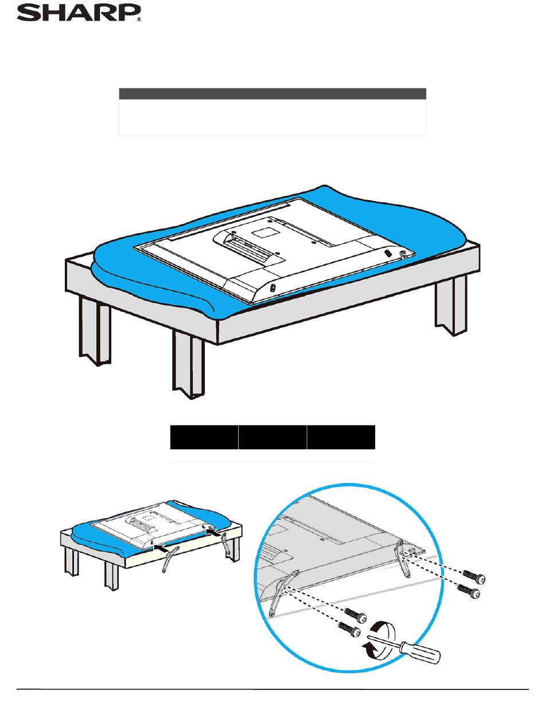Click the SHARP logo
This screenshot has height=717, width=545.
tap(79, 13)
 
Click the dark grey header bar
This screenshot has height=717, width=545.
tap(272, 93)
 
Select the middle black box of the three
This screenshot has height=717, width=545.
tap(272, 437)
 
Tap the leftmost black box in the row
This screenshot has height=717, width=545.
tap(204, 437)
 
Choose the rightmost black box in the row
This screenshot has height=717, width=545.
tap(341, 437)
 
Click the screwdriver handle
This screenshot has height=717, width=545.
tap(421, 652)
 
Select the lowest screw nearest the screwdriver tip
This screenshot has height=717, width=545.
tap(349, 629)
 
